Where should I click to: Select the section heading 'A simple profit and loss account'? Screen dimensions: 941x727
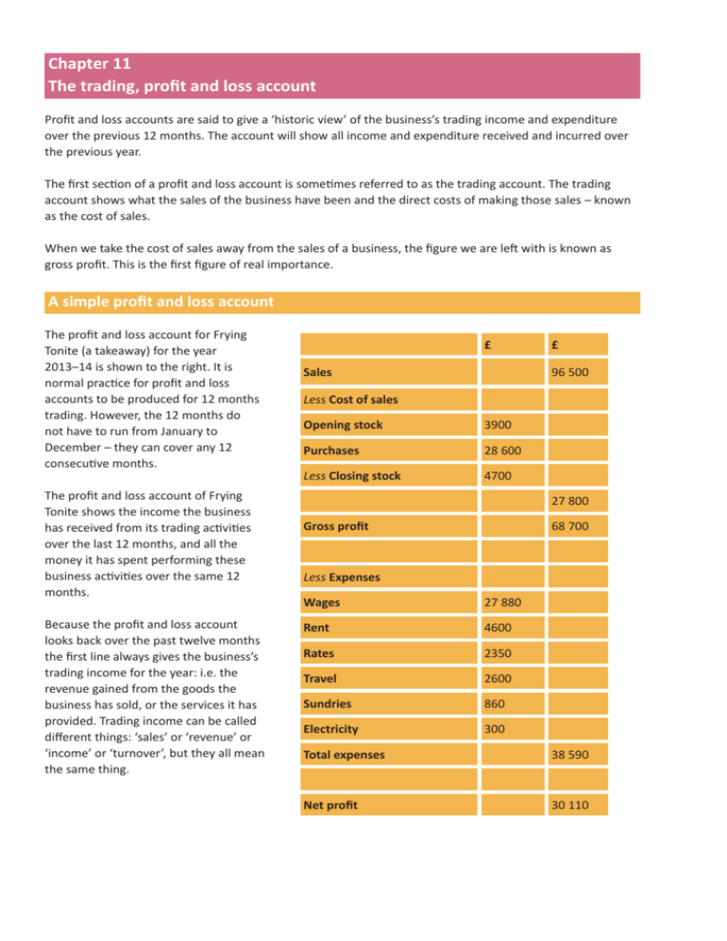point(160,302)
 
